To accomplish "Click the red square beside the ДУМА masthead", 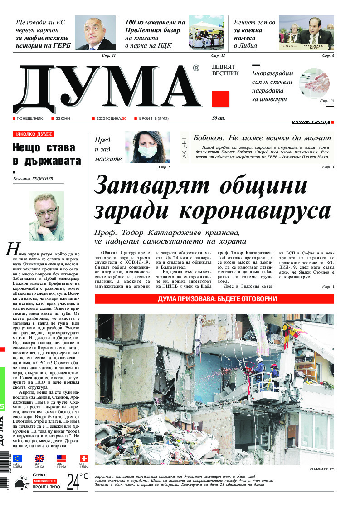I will coord(220,99).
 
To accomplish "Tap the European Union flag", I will coord(17,459).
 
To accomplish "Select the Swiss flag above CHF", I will coord(84,459).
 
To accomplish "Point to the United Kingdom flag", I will coord(39,459).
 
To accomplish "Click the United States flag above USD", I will coord(61,459).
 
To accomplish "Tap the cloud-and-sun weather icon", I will coord(20,484).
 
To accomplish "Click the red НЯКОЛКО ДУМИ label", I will coord(33,134).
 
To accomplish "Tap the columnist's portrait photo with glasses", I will coord(46,216).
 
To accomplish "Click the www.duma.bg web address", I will coord(310,122).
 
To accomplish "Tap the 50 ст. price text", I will coord(219,118).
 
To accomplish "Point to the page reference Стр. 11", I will coord(109,55).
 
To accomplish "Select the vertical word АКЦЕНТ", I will coord(184,147).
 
